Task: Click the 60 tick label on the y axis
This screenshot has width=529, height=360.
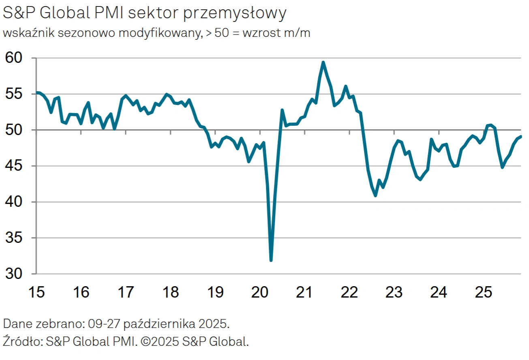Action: coord(15,58)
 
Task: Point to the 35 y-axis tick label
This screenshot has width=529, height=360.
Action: coord(15,238)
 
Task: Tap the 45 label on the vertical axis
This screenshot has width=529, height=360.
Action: coord(15,166)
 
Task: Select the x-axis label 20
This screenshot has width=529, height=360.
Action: coord(260,291)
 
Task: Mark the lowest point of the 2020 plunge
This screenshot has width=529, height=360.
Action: coord(271,260)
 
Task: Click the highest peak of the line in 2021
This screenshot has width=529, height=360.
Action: coord(323,62)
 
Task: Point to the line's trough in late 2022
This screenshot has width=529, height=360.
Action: coord(375,195)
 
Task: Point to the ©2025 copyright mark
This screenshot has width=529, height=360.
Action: coord(161,341)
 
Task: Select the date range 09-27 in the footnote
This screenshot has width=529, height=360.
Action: coord(107,324)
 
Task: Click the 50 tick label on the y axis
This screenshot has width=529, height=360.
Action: coord(15,130)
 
